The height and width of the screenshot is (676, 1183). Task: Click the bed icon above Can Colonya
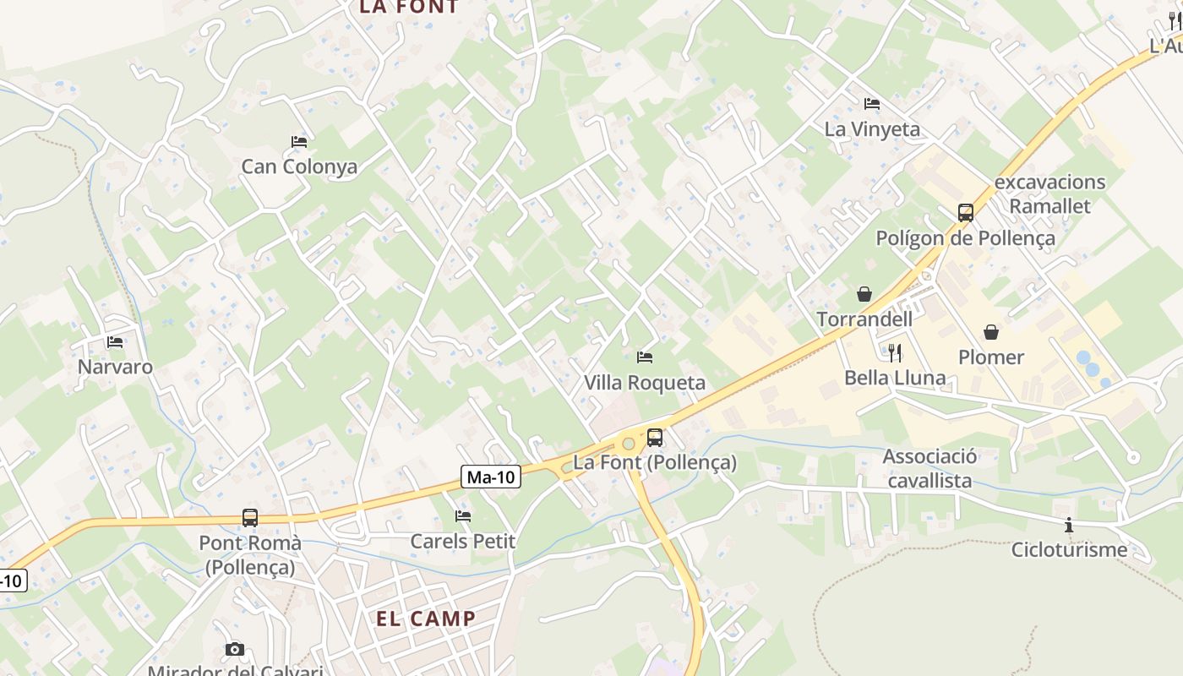click(x=299, y=141)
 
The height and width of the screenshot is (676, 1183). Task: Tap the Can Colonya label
click(x=299, y=166)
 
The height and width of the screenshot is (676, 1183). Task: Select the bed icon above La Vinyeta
click(x=872, y=104)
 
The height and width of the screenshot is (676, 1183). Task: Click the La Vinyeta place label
click(x=872, y=129)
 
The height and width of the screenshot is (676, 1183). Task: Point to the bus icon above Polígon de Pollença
click(x=966, y=213)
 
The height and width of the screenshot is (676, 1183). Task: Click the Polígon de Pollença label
click(x=965, y=238)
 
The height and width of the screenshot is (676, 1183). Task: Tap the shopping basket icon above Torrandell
click(x=864, y=294)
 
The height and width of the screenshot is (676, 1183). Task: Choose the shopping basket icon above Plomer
click(x=991, y=332)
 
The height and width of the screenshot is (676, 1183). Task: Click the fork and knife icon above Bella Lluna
click(x=895, y=352)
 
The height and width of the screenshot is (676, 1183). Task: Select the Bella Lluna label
click(x=895, y=377)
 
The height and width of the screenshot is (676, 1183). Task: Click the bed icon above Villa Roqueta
click(x=645, y=357)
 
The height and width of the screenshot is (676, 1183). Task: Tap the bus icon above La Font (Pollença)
click(x=655, y=438)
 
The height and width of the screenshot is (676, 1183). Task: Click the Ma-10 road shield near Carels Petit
click(x=491, y=477)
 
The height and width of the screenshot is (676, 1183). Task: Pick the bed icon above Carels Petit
click(x=462, y=515)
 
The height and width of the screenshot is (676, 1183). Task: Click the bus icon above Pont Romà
click(x=250, y=517)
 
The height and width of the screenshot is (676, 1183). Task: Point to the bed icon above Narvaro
click(x=115, y=342)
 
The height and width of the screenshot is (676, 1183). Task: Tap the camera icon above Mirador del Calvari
click(x=235, y=649)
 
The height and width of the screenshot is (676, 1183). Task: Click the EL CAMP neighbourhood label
click(x=426, y=619)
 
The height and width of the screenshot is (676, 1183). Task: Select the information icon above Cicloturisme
click(x=1069, y=526)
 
